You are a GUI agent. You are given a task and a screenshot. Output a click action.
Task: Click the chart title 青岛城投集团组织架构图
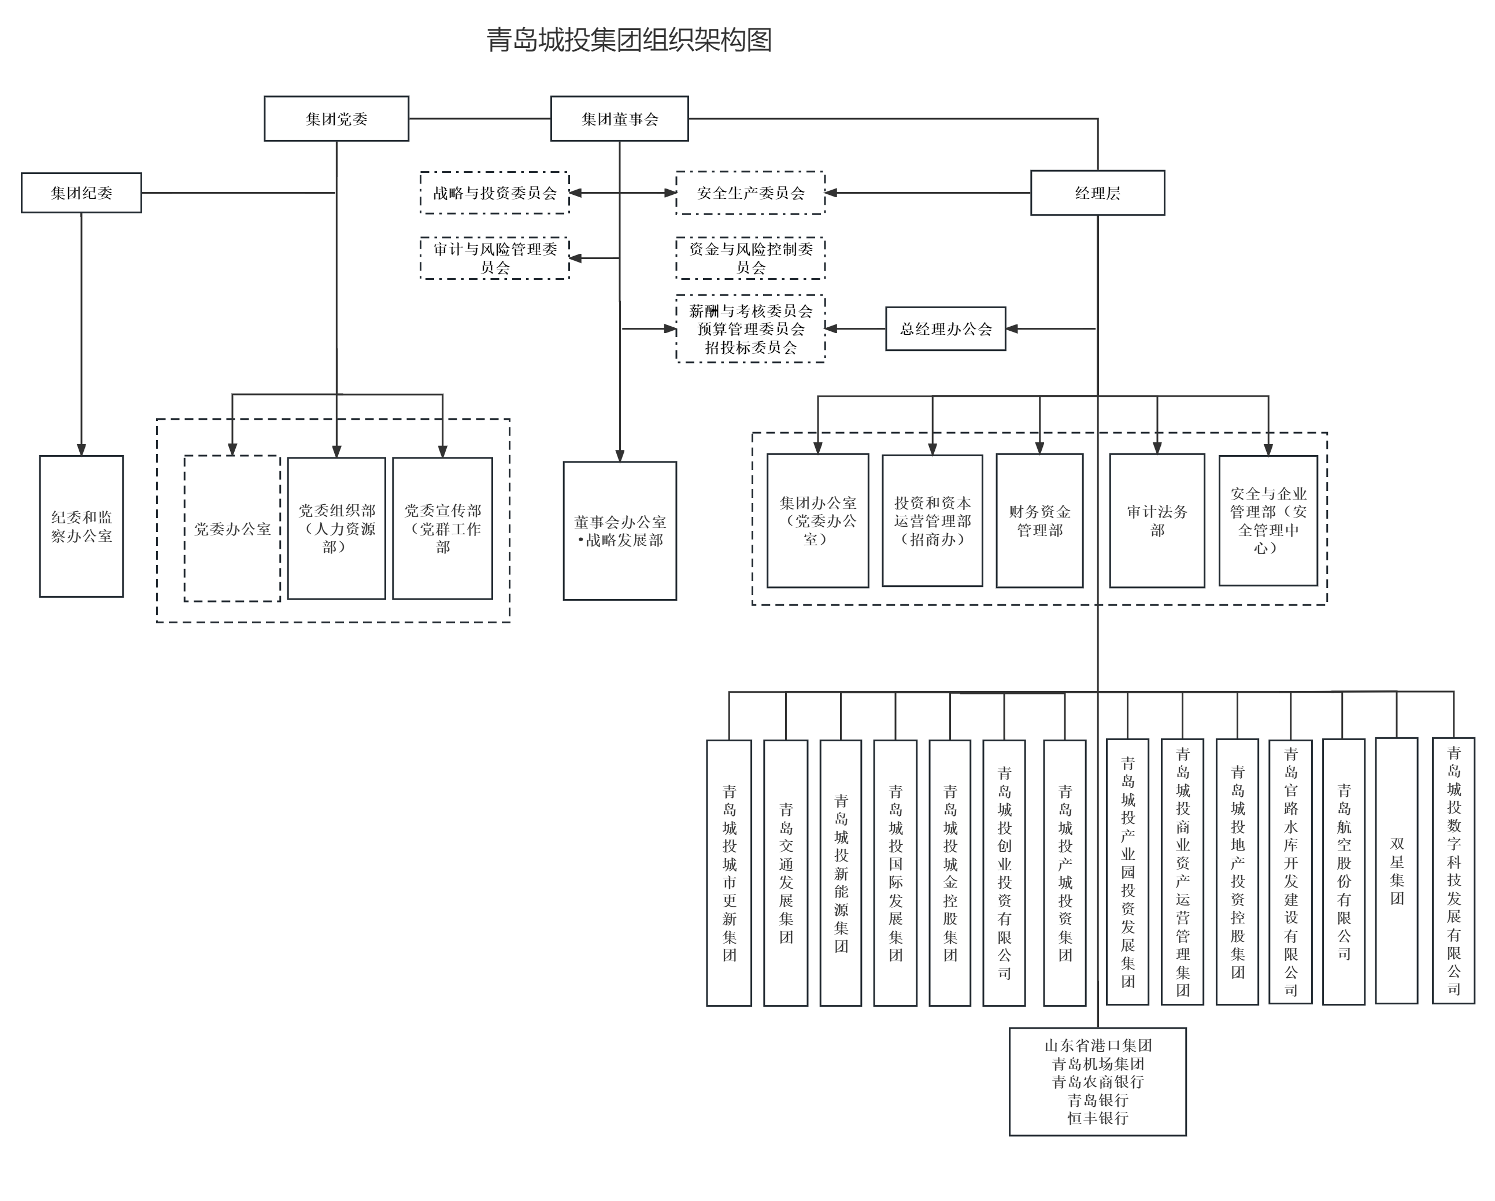628,40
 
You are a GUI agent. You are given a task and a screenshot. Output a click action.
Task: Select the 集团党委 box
336,119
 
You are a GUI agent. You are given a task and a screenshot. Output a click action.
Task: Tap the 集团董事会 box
619,119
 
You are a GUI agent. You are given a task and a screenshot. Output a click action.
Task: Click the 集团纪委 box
81,193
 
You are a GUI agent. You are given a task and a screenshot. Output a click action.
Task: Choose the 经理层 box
1097,193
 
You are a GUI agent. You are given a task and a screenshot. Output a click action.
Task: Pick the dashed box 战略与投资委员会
494,193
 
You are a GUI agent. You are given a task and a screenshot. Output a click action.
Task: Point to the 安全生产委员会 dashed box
750,193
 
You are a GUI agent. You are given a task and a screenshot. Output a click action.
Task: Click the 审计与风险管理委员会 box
494,258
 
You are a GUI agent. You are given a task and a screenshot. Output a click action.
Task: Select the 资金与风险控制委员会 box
750,258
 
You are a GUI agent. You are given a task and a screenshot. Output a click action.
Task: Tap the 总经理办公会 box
945,328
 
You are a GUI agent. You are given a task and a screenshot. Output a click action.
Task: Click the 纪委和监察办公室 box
81,526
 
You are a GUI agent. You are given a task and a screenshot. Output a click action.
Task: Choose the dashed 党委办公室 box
232,529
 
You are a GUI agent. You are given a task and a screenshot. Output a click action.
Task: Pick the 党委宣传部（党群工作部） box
442,529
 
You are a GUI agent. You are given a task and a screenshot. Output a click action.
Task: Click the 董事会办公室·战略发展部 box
619,530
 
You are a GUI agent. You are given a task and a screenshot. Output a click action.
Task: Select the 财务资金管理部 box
1039,521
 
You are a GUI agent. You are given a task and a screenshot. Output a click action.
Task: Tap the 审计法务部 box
1157,521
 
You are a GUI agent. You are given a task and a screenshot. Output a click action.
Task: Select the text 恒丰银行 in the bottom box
1097,1118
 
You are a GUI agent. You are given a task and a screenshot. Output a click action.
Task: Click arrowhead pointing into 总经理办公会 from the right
1012,328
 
